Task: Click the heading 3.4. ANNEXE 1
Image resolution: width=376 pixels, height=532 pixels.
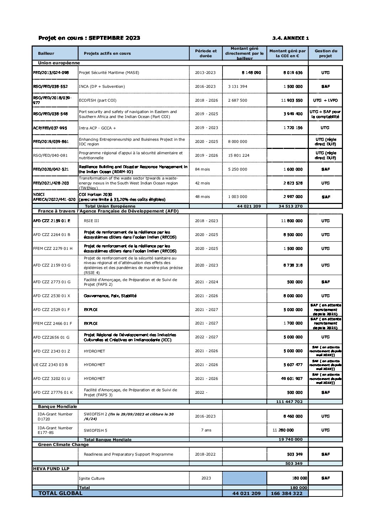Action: pos(290,38)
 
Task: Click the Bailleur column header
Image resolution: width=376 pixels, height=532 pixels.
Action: pos(46,53)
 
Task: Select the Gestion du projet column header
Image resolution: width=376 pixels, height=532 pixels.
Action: pos(325,53)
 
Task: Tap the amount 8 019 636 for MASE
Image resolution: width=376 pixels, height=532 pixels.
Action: pos(293,72)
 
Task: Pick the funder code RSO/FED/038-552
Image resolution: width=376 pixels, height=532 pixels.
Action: pos(50,86)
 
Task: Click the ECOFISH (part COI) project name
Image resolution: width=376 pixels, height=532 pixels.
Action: pos(97,100)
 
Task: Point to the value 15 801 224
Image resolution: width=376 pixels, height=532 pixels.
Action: pos(238,155)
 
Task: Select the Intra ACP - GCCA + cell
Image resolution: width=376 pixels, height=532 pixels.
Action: pos(97,128)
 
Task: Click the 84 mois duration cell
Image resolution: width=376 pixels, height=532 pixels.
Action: pos(202,169)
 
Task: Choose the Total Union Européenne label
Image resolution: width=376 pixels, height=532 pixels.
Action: pos(110,206)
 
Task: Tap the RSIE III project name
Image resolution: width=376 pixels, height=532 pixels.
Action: pos(91,221)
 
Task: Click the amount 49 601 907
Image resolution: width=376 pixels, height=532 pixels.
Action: pos(291,378)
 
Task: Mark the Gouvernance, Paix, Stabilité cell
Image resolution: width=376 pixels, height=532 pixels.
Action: pos(110,296)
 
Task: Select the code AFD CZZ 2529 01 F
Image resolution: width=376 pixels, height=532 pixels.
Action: pos(52,310)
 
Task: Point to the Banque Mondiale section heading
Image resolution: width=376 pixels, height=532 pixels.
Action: pos(57,406)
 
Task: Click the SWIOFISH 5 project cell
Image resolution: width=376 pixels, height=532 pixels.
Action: pos(95,430)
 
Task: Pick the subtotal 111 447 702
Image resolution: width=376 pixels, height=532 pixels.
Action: pos(289,402)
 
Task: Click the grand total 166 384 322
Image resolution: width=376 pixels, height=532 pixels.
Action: pos(286,493)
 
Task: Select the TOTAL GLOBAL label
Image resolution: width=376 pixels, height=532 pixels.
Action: pos(60,493)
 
